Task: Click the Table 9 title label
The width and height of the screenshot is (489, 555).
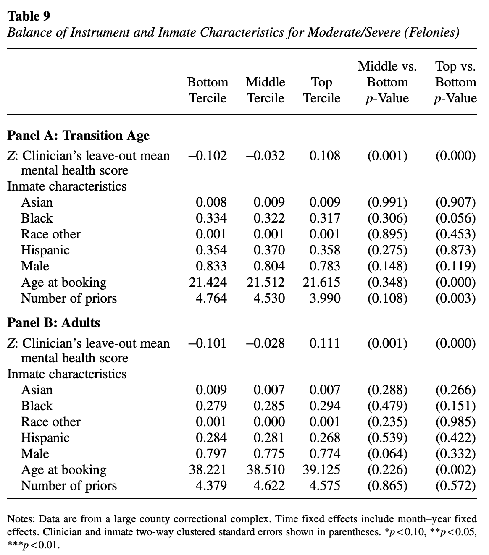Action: pos(29,16)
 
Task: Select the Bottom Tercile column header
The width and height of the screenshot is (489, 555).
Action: pos(208,90)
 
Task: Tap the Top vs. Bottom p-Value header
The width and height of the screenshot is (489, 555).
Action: pos(456,82)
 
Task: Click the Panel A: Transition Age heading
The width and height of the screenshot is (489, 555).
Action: pos(78,136)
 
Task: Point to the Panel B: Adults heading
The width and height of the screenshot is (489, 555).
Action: pos(54,323)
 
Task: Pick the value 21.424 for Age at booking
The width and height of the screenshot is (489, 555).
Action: pos(208,283)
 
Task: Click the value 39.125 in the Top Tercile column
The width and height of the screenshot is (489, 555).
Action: pos(321,470)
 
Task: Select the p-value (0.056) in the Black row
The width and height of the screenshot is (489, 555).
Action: pos(456,218)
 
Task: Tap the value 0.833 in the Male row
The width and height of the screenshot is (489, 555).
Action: pos(211,266)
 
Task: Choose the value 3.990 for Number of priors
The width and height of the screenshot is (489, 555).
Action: pos(325,298)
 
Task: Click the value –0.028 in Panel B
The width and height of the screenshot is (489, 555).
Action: pos(265,343)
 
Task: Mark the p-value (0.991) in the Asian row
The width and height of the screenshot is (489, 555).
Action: pos(387,202)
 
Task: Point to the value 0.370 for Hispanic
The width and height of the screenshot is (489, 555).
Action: pos(269,250)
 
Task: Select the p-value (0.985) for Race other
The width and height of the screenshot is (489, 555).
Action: pos(456,422)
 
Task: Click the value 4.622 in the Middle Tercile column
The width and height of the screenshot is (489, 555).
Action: pos(269,486)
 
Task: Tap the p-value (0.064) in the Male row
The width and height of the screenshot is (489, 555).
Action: pos(387,454)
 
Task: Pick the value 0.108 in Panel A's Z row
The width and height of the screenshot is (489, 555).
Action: pos(325,156)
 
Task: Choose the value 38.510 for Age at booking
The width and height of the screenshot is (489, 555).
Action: pos(265,470)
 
